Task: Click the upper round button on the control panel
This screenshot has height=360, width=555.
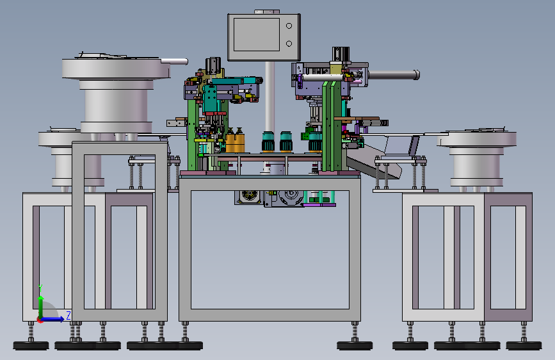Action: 289,26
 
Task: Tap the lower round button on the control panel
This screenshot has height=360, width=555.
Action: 289,44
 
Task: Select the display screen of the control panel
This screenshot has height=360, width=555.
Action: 257,35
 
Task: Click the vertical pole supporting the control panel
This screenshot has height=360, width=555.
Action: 269,96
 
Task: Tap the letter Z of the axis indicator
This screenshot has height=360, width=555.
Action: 68,315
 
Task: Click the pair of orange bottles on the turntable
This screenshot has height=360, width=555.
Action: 235,141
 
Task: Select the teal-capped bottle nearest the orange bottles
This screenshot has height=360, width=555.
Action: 268,142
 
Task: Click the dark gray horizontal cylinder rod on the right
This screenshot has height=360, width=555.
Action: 394,75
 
